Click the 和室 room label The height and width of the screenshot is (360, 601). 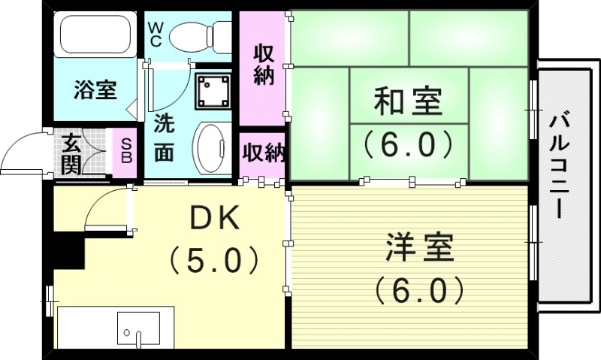click(409, 101)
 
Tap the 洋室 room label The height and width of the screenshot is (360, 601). click(420, 247)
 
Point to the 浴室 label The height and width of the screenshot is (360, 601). click(95, 90)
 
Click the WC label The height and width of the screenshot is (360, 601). click(156, 35)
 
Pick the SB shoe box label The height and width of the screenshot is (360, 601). click(125, 152)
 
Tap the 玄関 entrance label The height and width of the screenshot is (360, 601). click(72, 153)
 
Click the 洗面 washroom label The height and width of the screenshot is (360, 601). click(165, 137)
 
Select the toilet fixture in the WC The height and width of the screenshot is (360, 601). click(201, 35)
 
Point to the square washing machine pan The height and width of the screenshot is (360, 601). click(214, 91)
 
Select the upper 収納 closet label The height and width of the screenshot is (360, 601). click(262, 65)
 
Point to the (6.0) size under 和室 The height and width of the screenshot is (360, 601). click(409, 144)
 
